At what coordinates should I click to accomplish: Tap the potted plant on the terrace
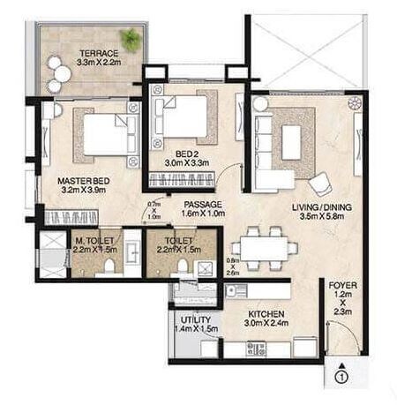131,37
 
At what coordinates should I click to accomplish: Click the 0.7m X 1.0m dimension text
155,212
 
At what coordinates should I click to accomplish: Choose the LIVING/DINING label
319,208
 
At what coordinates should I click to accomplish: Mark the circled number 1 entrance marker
340,379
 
